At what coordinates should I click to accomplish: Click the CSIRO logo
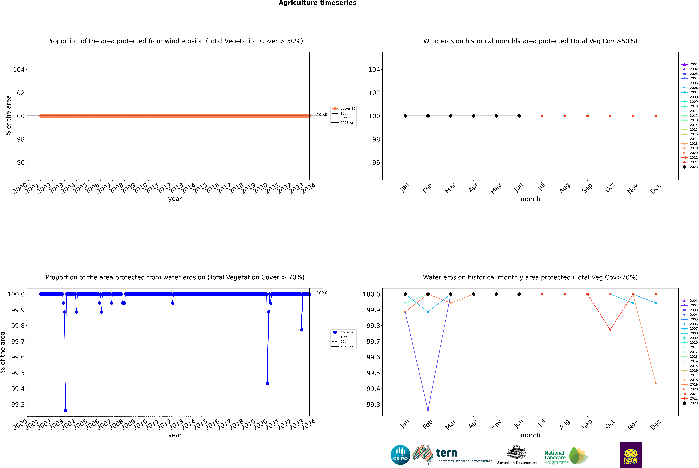click(x=400, y=455)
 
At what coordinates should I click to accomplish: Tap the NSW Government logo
click(x=631, y=455)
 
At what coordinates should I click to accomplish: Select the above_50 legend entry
click(x=344, y=109)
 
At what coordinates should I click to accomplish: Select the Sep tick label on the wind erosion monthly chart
click(x=587, y=188)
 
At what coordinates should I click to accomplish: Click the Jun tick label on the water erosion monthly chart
click(x=518, y=424)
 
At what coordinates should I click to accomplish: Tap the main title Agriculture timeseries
click(x=317, y=3)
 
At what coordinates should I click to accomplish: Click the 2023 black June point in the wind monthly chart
click(x=519, y=116)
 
